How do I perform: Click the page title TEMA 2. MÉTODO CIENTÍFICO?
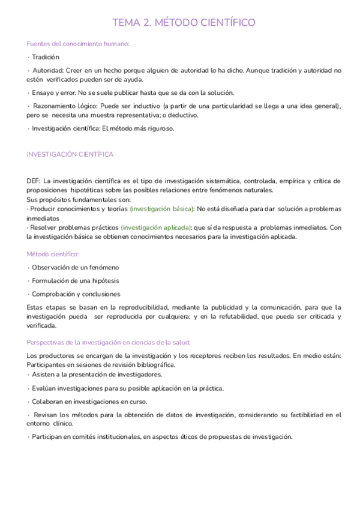click(184, 23)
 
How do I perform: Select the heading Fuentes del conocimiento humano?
click(79, 44)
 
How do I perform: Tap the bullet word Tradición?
click(46, 57)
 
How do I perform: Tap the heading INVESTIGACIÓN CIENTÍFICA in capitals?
click(70, 154)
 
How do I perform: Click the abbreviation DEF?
click(34, 181)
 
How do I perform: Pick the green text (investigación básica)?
click(162, 209)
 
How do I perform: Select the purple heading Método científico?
click(53, 254)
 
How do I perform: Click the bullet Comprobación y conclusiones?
click(76, 294)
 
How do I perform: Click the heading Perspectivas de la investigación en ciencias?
click(109, 343)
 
